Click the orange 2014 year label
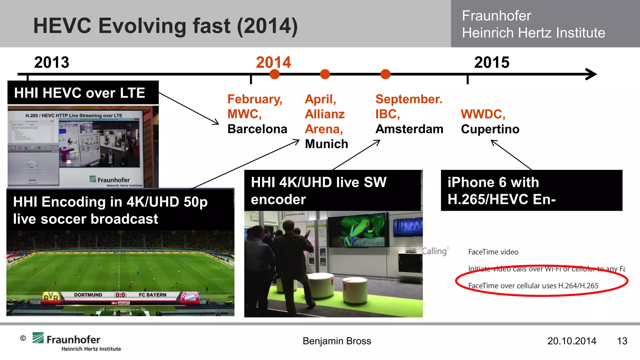(273, 62)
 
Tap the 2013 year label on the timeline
(52, 62)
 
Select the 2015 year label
(492, 62)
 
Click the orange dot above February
(274, 74)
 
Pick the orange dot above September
(385, 74)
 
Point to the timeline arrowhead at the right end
(591, 74)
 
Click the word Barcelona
(257, 129)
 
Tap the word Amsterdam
(409, 129)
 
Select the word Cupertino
(490, 129)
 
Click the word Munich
(326, 144)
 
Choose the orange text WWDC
(483, 114)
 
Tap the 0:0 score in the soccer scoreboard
(120, 295)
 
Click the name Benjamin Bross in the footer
(337, 341)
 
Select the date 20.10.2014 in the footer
(572, 341)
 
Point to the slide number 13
(622, 341)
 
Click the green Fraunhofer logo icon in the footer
(38, 338)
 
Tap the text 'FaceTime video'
(493, 252)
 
